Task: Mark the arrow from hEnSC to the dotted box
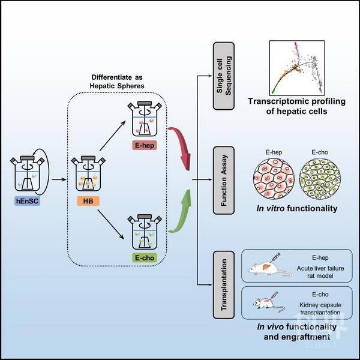(x=56, y=178)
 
